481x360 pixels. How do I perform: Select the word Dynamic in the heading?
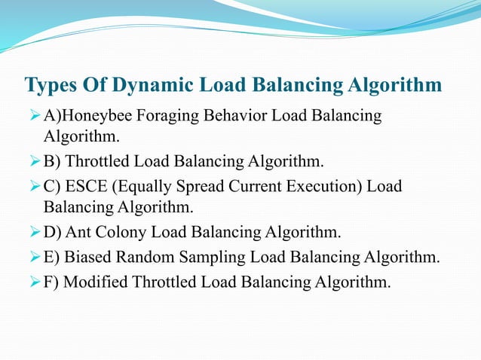coord(155,86)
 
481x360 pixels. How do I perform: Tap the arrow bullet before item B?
coord(32,160)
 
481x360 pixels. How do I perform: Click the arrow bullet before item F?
coord(32,282)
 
